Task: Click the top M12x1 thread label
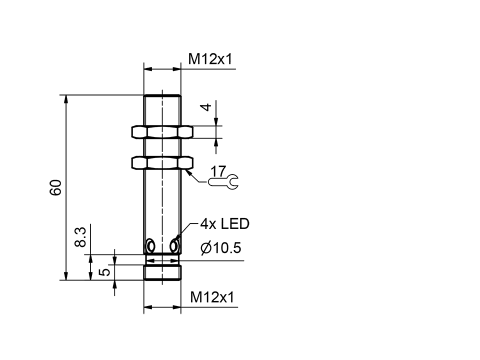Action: [210, 60]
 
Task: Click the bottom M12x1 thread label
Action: [212, 298]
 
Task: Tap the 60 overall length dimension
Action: [56, 187]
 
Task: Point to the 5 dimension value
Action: [104, 272]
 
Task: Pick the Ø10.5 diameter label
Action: [221, 248]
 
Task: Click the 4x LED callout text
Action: [224, 224]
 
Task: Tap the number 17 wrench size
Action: [218, 171]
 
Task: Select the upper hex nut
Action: [162, 132]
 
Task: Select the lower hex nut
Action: [162, 163]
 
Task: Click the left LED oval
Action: [149, 246]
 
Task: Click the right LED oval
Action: [174, 246]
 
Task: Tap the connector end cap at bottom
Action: [162, 273]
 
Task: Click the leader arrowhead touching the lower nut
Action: [188, 171]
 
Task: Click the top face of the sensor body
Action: [162, 95]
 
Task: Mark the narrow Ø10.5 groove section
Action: [162, 260]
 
